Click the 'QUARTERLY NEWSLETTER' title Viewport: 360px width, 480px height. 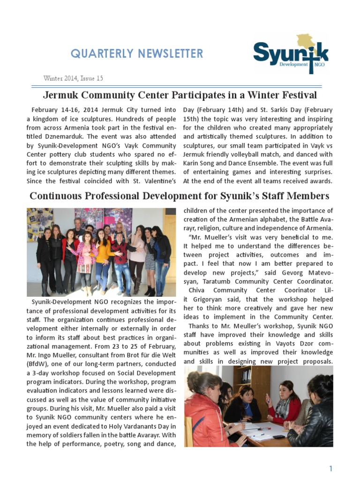pyautogui.click(x=137, y=54)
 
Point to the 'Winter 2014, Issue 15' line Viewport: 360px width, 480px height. pyautogui.click(x=73, y=78)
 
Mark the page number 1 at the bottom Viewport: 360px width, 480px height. pyautogui.click(x=330, y=469)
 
